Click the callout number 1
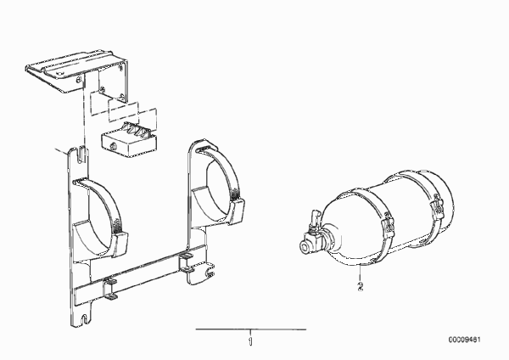click(250, 342)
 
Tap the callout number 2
click(360, 287)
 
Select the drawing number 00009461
click(465, 340)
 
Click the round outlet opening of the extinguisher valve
click(305, 245)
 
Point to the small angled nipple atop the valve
click(313, 218)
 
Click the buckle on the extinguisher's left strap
click(389, 226)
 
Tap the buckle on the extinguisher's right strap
click(437, 206)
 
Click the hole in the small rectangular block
click(114, 146)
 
